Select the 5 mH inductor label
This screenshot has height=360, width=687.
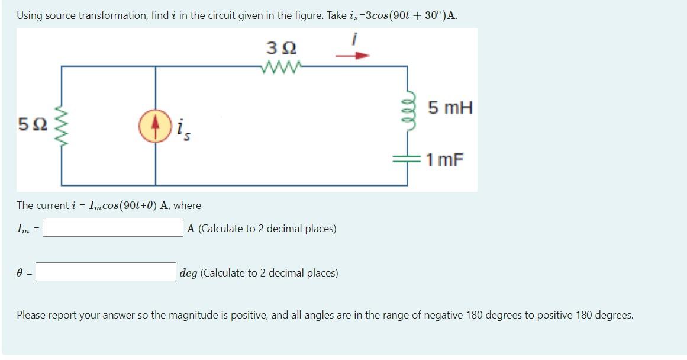pyautogui.click(x=450, y=108)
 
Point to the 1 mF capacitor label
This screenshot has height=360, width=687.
pyautogui.click(x=444, y=160)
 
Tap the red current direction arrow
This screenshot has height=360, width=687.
pyautogui.click(x=352, y=56)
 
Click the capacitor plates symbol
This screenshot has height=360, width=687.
pyautogui.click(x=408, y=158)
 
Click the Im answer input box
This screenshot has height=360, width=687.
pyautogui.click(x=112, y=228)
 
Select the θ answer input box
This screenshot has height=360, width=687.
pyautogui.click(x=107, y=272)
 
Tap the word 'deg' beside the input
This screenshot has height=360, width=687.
pyautogui.click(x=189, y=273)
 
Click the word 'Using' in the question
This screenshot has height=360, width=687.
pyautogui.click(x=29, y=15)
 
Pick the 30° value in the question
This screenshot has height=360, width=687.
pyautogui.click(x=426, y=15)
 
